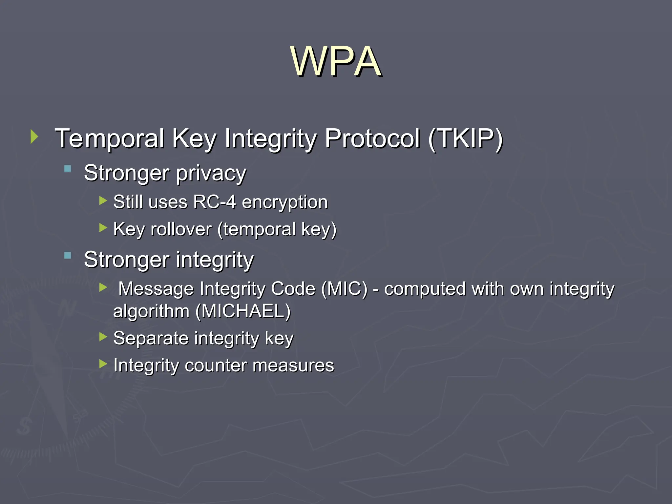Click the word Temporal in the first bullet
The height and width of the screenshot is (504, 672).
coord(109,138)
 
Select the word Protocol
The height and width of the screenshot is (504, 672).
coord(372,138)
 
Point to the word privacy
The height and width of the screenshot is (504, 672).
coord(211,173)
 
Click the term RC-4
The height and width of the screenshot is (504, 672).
coord(214,202)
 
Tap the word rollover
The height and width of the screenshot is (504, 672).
coord(181,229)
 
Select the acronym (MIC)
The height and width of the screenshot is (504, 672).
coord(344,289)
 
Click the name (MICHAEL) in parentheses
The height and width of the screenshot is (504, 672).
coord(243,311)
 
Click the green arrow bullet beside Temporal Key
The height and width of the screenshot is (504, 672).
coord(34,136)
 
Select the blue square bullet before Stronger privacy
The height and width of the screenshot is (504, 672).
coord(68,169)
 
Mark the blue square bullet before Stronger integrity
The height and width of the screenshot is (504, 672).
coord(68,256)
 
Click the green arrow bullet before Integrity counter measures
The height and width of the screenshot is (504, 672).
coord(103,364)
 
